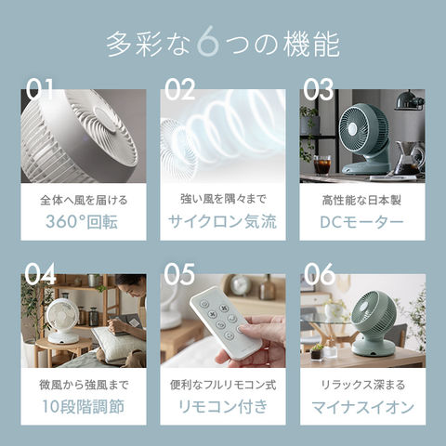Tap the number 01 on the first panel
[x=41, y=89]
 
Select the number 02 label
[x=179, y=89]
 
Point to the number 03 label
[x=318, y=89]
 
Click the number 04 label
[x=41, y=274]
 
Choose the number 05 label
[x=179, y=274]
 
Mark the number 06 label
[x=319, y=274]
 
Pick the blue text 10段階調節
[x=84, y=406]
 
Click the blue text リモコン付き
[x=223, y=406]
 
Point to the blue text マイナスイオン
[x=362, y=406]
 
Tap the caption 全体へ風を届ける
[x=84, y=199]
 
